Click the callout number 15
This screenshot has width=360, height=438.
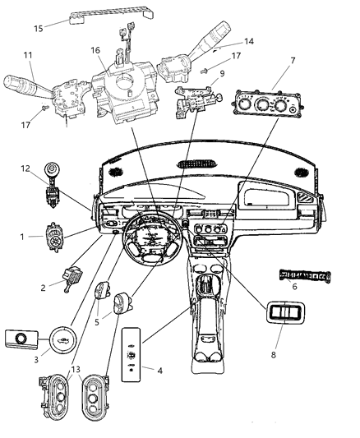38,29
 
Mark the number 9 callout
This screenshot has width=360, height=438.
222,73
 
